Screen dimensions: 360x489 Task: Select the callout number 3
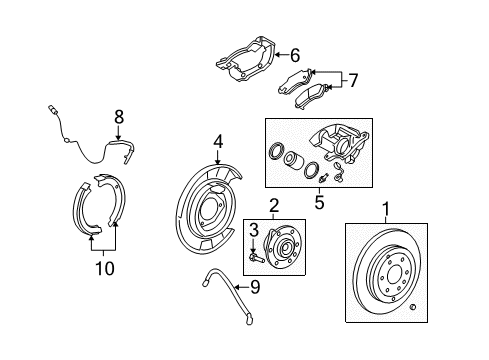click(253, 229)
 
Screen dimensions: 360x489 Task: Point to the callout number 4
click(218, 142)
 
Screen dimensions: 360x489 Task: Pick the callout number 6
click(295, 56)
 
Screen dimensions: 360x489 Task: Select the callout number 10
click(104, 268)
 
